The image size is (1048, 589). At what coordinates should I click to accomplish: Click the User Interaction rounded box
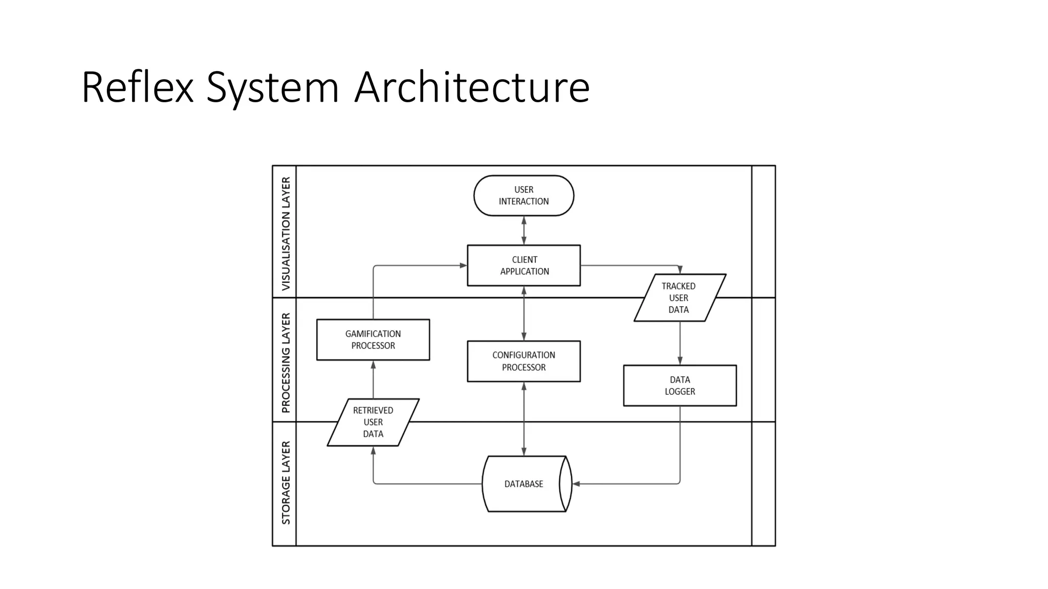(523, 196)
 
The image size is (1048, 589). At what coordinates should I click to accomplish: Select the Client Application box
(523, 265)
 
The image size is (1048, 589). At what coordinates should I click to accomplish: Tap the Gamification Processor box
(373, 339)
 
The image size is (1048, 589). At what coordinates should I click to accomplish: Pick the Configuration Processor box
(523, 361)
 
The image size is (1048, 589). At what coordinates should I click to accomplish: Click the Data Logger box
(680, 386)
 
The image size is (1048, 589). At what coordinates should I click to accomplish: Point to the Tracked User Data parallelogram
(679, 298)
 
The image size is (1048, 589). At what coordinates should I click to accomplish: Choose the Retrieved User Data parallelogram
(373, 422)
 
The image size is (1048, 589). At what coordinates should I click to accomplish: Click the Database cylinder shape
(523, 484)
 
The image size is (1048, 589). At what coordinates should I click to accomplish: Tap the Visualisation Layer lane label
(286, 233)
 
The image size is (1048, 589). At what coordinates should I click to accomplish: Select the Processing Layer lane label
(286, 363)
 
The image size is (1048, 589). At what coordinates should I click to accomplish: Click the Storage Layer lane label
(286, 483)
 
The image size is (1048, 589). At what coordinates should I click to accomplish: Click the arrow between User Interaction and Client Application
(523, 231)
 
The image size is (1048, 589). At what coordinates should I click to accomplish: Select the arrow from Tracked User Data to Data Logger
(680, 343)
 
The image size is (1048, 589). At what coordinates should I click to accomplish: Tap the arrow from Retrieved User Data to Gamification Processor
(373, 379)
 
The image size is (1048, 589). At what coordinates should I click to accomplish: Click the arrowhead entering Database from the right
(576, 484)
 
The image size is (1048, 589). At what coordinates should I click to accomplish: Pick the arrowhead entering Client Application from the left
(463, 265)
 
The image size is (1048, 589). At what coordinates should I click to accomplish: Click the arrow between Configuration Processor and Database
(523, 419)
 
